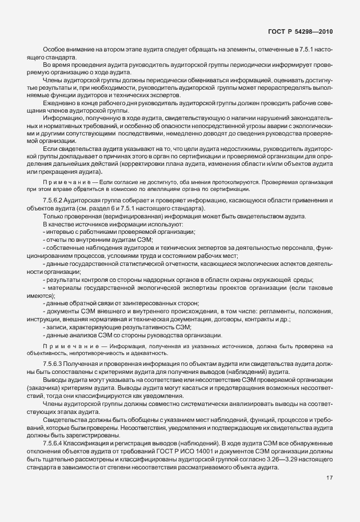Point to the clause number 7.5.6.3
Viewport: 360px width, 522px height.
pos(54,364)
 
